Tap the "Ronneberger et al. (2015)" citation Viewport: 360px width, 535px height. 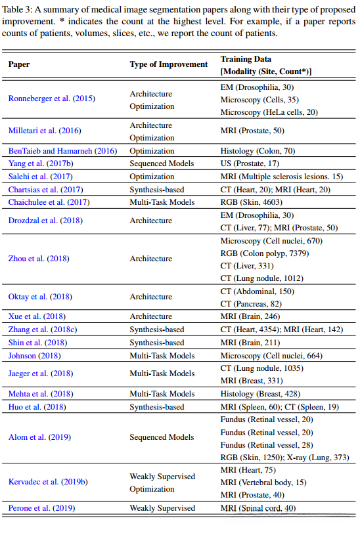click(52, 98)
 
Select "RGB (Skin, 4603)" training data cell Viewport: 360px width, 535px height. click(252, 202)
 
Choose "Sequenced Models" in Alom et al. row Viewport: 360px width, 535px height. click(162, 437)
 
